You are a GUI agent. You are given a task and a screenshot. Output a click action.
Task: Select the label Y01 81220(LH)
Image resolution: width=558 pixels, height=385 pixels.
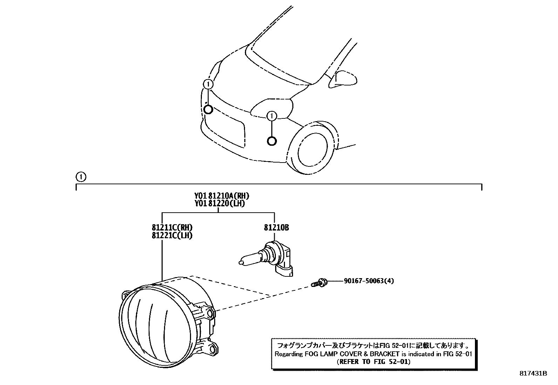[x=219, y=203]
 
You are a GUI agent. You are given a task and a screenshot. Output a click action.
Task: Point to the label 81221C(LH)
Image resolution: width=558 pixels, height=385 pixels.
[x=172, y=235]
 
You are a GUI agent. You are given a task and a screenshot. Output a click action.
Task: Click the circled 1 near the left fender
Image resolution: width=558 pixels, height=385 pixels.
[x=208, y=84]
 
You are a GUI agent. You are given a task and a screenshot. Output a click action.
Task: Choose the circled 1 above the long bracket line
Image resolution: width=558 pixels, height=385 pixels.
[x=81, y=177]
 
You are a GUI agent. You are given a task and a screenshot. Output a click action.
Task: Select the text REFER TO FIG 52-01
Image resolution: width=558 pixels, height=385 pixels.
[x=373, y=362]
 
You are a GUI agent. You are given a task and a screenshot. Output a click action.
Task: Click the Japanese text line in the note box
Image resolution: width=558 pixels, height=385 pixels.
[x=373, y=345]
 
